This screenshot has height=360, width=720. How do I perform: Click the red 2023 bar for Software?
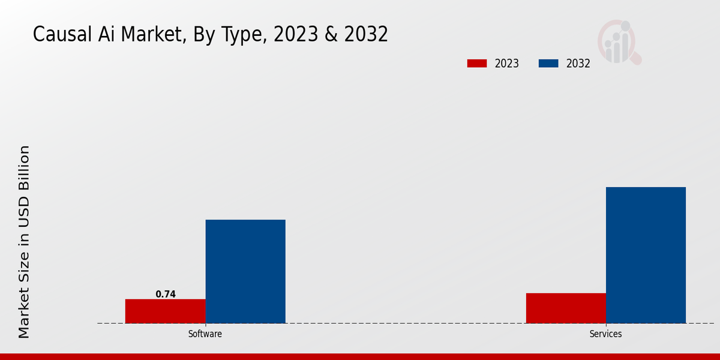tap(165, 311)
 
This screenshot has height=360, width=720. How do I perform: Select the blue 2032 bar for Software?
tap(245, 271)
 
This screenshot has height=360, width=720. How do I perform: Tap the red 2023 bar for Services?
tap(566, 308)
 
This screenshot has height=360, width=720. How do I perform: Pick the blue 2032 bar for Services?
tap(646, 255)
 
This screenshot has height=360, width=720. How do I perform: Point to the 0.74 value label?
tap(166, 294)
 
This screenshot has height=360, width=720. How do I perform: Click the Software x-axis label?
tap(205, 334)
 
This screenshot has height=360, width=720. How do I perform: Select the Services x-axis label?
tap(605, 334)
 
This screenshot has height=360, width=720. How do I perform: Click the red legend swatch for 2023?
tap(477, 64)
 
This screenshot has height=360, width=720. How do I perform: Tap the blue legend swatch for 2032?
tap(548, 64)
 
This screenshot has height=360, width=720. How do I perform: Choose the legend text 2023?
tap(507, 64)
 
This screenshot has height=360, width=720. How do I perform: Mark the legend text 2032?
tap(578, 64)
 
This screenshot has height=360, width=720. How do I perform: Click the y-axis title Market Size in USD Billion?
tap(24, 241)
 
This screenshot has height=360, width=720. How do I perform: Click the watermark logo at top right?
tap(619, 42)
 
